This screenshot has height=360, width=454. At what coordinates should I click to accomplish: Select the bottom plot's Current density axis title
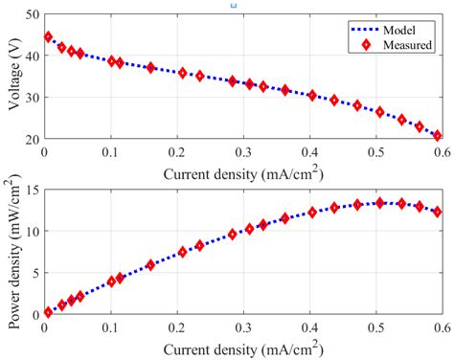pos(242,345)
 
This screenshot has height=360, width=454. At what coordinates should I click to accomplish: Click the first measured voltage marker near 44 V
pos(48,37)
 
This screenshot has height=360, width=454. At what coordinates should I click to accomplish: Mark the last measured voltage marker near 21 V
pos(437,136)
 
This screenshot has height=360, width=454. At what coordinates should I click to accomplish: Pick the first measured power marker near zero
pos(48,311)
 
